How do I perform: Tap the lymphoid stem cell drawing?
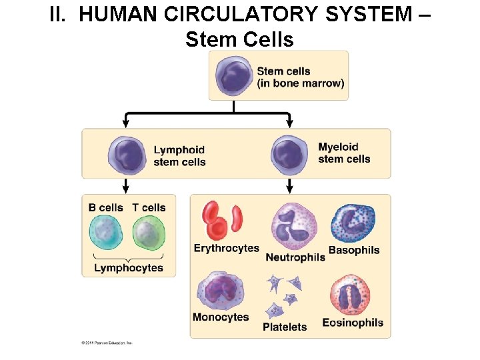click(x=127, y=154)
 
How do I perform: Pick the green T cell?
click(x=148, y=234)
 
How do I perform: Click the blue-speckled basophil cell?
click(x=353, y=224)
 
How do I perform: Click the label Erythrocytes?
click(x=226, y=249)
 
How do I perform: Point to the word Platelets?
click(x=285, y=327)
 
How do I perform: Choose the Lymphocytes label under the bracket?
click(x=129, y=268)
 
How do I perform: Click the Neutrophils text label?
click(x=295, y=257)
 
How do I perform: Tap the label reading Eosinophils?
click(x=353, y=323)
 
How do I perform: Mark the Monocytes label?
click(x=221, y=317)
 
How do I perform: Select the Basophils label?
click(x=354, y=251)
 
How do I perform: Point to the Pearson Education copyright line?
click(x=107, y=343)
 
